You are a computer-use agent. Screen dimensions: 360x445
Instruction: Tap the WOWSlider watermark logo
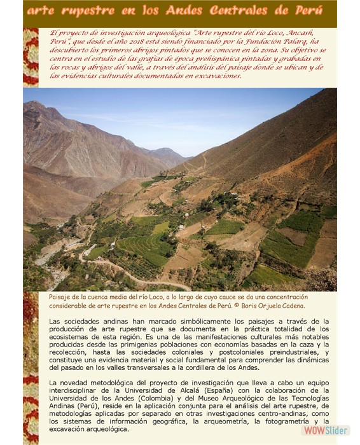coord(326,430)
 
